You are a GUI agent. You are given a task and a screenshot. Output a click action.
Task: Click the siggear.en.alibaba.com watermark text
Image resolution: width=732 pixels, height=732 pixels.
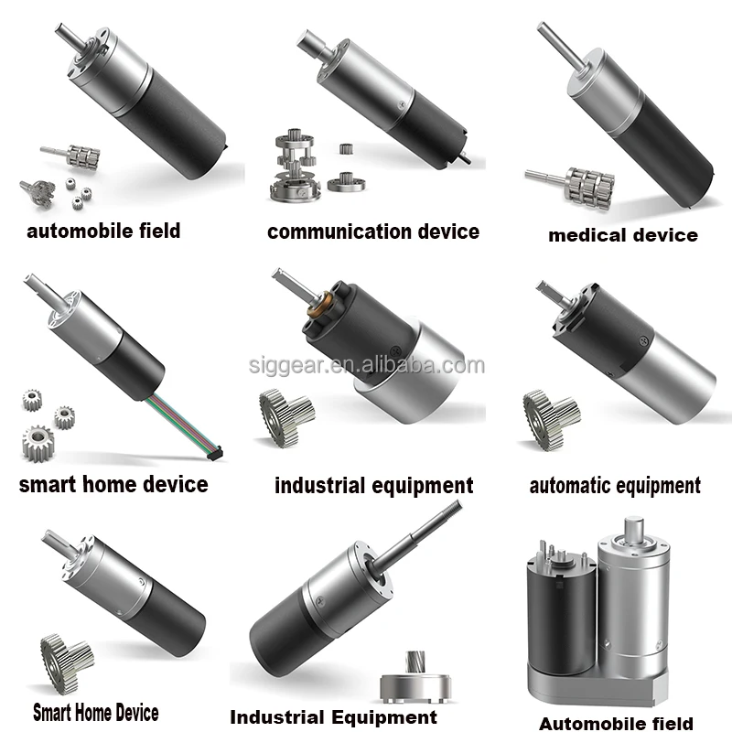366,366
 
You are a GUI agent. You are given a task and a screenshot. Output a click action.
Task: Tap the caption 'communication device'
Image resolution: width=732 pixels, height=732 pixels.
373,231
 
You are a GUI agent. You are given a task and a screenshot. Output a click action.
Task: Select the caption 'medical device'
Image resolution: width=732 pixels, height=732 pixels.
622,235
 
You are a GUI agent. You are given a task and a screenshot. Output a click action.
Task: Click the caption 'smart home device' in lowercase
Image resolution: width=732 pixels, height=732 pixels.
113,484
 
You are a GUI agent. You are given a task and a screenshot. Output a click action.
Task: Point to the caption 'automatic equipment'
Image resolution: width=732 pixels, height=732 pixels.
615,485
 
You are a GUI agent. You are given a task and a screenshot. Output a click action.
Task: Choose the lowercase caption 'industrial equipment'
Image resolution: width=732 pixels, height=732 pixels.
373,485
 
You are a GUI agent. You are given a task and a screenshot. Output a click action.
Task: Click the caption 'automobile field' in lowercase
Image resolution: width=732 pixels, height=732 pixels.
103,230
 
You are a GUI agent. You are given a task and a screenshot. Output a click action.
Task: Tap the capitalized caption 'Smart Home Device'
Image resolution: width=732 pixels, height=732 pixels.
95,712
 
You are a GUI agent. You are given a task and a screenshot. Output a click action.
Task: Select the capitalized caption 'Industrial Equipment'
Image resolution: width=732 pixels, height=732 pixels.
333,716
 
